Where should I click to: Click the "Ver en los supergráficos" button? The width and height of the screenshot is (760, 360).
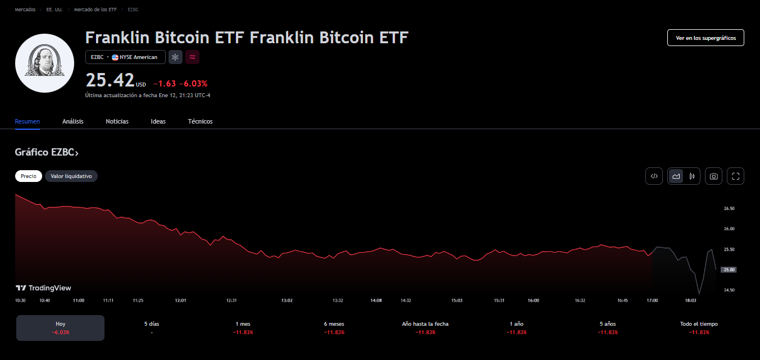[x=706, y=38]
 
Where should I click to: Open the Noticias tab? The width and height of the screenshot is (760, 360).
[x=117, y=121]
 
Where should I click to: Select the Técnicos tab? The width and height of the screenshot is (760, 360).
[x=200, y=121]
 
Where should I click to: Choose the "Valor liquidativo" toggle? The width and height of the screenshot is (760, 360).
[x=71, y=176]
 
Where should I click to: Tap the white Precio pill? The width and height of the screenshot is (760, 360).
[x=29, y=176]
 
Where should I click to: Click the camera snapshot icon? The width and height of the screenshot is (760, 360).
[x=713, y=176]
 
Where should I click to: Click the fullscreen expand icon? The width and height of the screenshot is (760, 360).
[x=735, y=176]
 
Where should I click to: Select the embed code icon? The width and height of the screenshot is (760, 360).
[x=654, y=176]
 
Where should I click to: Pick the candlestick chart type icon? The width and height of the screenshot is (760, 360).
[x=691, y=176]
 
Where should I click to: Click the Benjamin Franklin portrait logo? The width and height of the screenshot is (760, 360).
[x=44, y=63]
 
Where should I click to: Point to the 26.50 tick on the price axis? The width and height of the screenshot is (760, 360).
[x=729, y=208]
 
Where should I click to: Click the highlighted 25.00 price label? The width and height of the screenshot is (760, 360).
[x=729, y=270]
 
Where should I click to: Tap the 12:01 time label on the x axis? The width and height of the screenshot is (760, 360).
[x=180, y=300]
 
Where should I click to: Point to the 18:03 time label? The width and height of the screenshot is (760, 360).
[x=690, y=300]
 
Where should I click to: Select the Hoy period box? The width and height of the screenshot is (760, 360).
[x=60, y=328]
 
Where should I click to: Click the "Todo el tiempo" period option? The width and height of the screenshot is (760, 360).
[x=699, y=328]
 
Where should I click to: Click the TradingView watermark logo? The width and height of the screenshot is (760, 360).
[x=43, y=288]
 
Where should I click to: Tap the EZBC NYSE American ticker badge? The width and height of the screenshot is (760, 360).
[x=125, y=57]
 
